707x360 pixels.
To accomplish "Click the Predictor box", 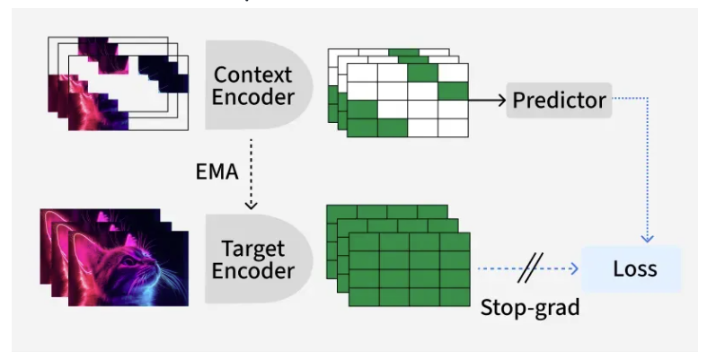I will tap(559, 101).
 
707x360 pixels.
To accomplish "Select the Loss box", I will tap(634, 268).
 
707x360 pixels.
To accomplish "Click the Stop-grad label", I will tap(529, 308).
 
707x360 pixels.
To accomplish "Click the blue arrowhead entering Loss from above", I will tap(648, 240).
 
